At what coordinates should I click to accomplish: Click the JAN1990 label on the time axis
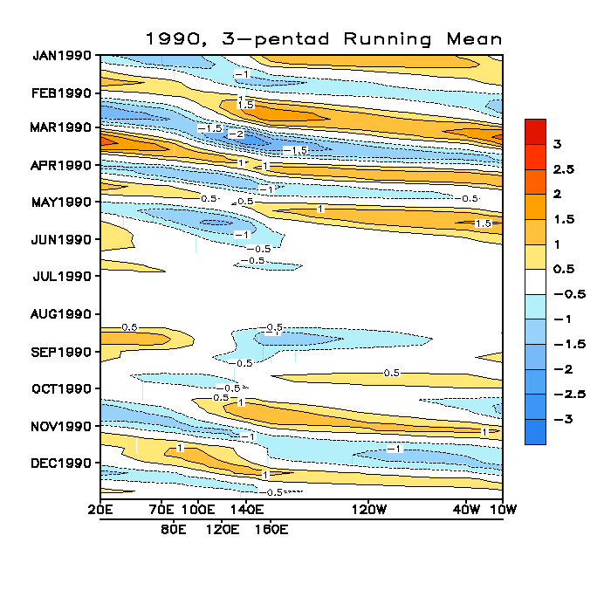coord(63,56)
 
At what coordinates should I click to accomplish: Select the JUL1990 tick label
coord(64,277)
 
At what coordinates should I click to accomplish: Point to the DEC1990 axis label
coord(63,463)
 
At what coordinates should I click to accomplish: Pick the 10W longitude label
coord(502,509)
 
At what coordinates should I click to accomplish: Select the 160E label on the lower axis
coord(271,529)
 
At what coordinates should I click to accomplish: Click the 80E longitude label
coord(174,529)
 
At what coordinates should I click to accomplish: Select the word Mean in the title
coord(474,39)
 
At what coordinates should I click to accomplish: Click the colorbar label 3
coord(557,143)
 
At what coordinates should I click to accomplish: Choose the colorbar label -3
coord(560,419)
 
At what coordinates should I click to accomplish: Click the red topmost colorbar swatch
coord(535,131)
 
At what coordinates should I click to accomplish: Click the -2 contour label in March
coord(236,134)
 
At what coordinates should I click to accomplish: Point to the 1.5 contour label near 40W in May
coord(483,224)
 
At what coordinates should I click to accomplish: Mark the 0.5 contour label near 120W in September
coord(392,373)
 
